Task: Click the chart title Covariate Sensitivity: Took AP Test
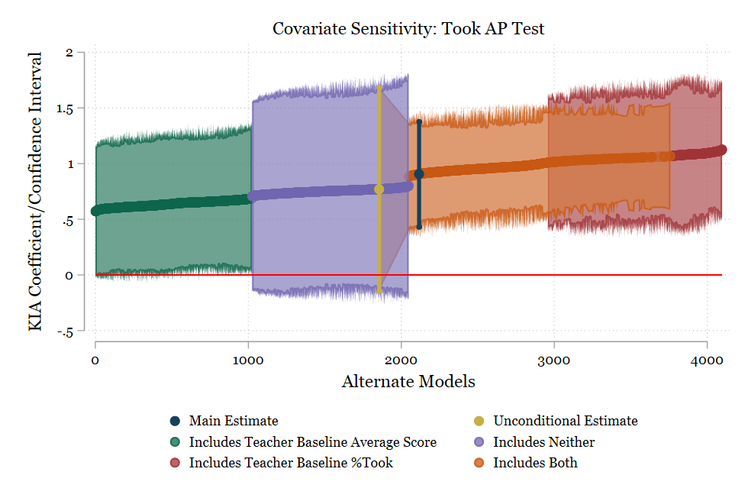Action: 408,29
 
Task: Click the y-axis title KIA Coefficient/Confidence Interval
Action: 35,191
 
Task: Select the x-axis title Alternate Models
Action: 408,381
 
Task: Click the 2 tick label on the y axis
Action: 69,53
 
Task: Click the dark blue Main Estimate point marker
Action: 419,174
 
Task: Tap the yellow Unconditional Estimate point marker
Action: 379,189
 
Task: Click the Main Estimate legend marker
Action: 176,421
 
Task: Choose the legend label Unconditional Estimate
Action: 565,421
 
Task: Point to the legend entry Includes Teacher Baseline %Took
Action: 291,462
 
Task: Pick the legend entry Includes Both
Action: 535,462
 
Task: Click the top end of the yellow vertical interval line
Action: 379,87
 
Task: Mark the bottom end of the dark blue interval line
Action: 419,227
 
